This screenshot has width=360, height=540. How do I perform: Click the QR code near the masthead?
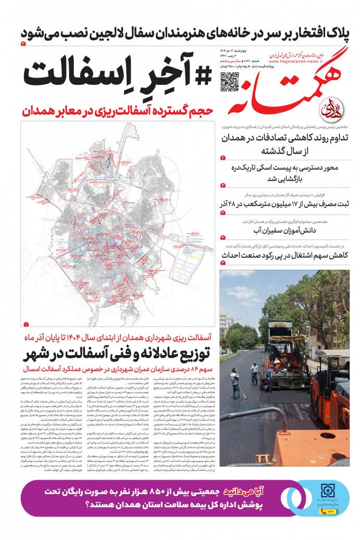[x=229, y=81]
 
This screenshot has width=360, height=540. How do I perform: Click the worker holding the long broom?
[x=236, y=383]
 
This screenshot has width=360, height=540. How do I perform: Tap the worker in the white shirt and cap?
[x=254, y=372]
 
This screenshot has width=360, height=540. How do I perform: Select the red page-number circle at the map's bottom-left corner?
[x=26, y=323]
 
